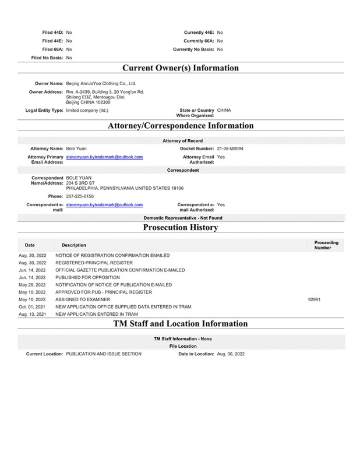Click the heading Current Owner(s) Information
point(180,68)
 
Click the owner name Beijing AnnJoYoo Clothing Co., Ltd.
point(101,84)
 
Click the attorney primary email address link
point(104,157)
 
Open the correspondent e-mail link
point(104,205)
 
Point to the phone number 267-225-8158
point(80,196)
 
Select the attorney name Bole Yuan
point(76,149)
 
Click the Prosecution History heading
point(180,227)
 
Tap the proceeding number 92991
point(315,299)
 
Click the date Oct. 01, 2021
point(32,306)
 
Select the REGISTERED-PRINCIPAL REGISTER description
point(96,263)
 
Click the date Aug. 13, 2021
point(32,314)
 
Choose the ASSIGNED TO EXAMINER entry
point(82,299)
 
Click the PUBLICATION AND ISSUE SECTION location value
point(104,354)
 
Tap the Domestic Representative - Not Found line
point(180,218)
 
